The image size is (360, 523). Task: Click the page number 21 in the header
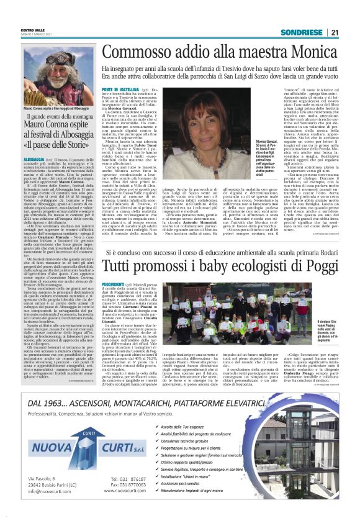pyautogui.click(x=334, y=32)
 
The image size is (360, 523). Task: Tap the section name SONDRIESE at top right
pyautogui.click(x=302, y=32)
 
